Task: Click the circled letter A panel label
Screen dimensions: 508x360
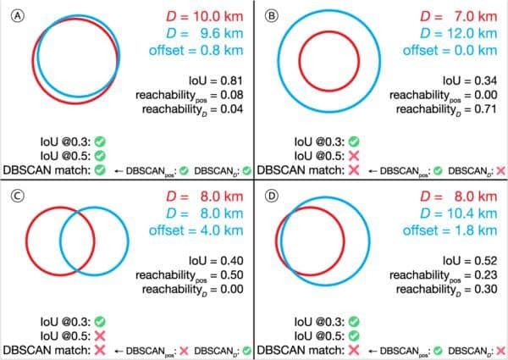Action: [18, 15]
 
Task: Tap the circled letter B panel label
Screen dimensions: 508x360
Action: [272, 15]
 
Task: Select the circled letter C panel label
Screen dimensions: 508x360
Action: [18, 196]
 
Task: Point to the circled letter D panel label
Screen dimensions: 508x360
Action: [272, 196]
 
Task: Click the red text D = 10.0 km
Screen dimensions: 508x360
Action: [205, 17]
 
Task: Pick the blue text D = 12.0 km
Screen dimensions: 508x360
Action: [459, 33]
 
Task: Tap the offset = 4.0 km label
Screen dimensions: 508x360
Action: [196, 230]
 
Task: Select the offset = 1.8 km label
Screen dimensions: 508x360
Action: [450, 230]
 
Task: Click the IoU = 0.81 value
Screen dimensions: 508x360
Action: [216, 80]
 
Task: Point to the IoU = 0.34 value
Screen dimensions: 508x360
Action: [470, 80]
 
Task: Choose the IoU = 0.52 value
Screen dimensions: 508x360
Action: [470, 261]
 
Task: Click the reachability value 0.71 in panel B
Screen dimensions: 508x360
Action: [486, 109]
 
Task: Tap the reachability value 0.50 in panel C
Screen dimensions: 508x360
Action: [232, 274]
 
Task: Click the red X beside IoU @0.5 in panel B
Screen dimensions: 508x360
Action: [354, 156]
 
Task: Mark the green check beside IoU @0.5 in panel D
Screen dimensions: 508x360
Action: [354, 336]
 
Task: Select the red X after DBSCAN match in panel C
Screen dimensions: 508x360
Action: [100, 350]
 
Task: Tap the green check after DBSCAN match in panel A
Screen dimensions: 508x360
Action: [100, 169]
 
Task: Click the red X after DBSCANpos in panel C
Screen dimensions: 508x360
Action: [184, 351]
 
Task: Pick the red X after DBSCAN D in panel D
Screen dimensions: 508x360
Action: [501, 351]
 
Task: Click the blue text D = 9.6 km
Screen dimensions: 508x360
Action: [205, 33]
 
